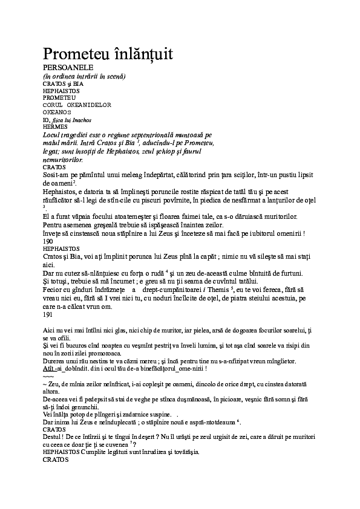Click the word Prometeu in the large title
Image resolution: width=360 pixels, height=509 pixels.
74,54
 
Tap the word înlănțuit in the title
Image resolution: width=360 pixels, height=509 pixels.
143,54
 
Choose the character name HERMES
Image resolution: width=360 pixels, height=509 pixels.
54,126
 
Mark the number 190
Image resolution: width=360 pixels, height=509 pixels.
48,240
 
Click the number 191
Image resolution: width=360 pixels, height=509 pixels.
48,314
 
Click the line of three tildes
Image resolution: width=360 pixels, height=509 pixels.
48,376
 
